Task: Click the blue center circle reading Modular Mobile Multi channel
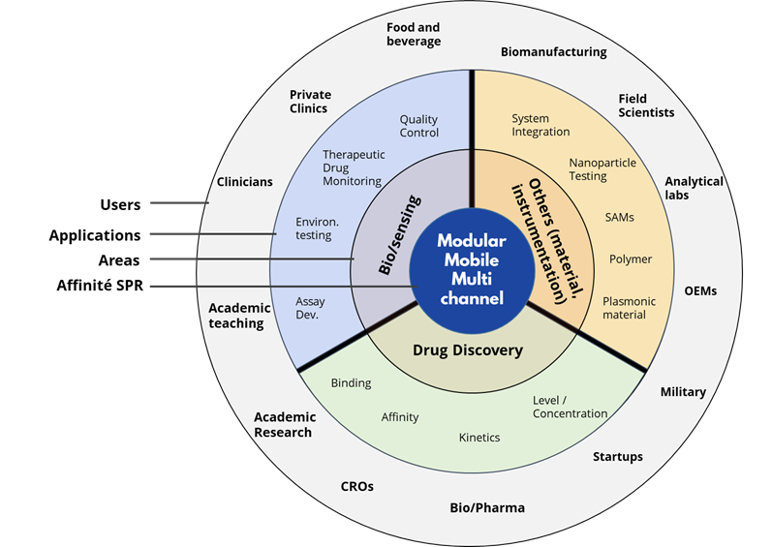(x=471, y=268)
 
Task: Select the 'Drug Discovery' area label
(x=468, y=350)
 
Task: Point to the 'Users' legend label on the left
(x=120, y=204)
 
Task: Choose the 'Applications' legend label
(x=95, y=235)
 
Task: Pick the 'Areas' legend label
(x=119, y=260)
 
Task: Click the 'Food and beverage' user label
(x=414, y=35)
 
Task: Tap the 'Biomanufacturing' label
(x=553, y=52)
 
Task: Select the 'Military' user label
(x=683, y=392)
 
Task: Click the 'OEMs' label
(x=700, y=290)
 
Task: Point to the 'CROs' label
(x=356, y=487)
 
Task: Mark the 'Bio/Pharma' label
(x=487, y=507)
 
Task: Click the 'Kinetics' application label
(x=479, y=438)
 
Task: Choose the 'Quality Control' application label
(x=419, y=126)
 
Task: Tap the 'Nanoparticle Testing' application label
(x=602, y=169)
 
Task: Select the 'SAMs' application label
(x=619, y=218)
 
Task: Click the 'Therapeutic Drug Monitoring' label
(x=354, y=167)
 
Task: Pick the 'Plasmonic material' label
(x=629, y=308)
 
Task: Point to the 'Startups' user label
(x=618, y=457)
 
